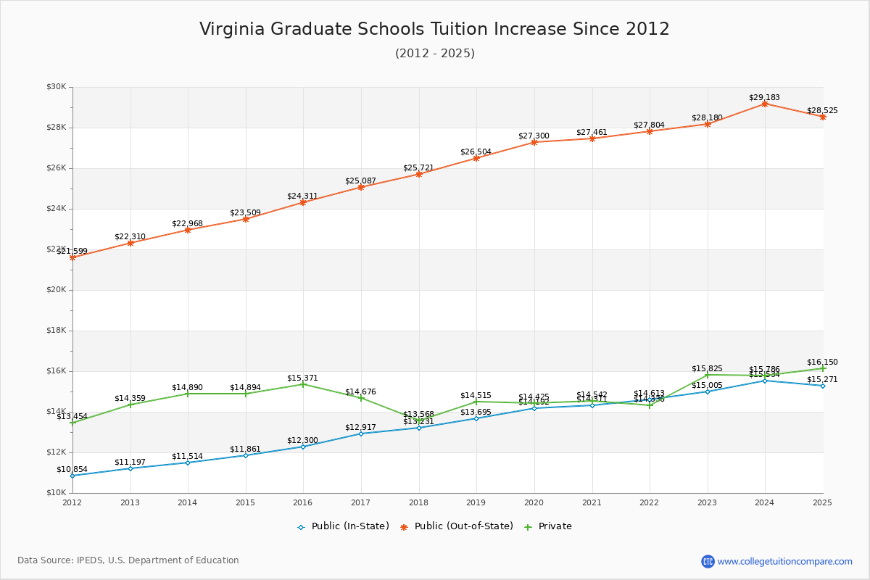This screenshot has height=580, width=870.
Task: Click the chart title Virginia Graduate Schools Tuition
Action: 434,29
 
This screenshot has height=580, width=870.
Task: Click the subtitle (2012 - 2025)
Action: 434,54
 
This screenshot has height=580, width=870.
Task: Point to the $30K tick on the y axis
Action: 56,87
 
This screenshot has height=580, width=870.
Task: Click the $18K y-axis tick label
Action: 56,331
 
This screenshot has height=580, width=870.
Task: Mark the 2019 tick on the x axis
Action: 476,502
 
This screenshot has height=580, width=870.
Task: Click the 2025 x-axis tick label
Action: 822,502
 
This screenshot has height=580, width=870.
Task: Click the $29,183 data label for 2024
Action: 764,97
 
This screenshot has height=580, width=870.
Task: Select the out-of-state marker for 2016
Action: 303,202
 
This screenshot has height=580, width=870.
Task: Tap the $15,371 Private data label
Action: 302,378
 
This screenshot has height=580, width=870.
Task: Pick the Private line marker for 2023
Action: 708,375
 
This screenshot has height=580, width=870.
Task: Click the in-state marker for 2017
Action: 361,434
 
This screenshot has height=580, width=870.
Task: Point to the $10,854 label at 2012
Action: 72,469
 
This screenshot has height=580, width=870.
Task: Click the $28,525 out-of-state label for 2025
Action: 822,110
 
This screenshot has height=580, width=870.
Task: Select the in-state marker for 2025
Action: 823,386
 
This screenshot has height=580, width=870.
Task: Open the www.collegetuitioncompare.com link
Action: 784,561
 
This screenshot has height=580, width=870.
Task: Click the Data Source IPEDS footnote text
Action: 128,560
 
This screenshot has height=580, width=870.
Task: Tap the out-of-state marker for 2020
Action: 534,142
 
